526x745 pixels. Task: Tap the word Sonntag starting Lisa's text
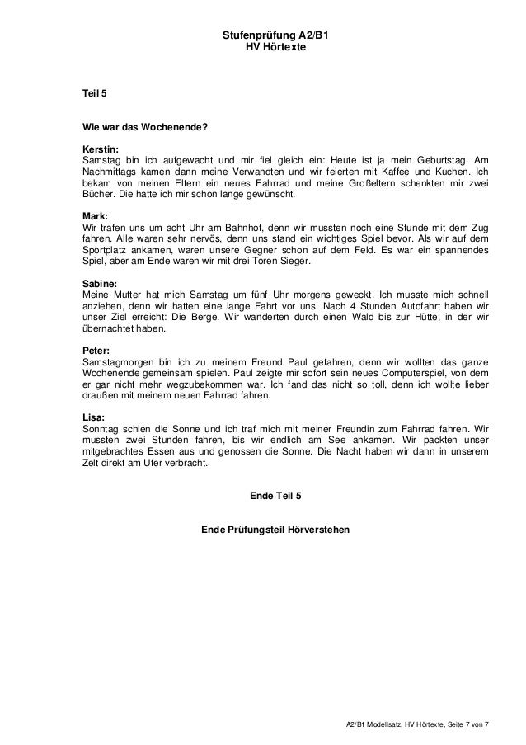(x=93, y=429)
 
